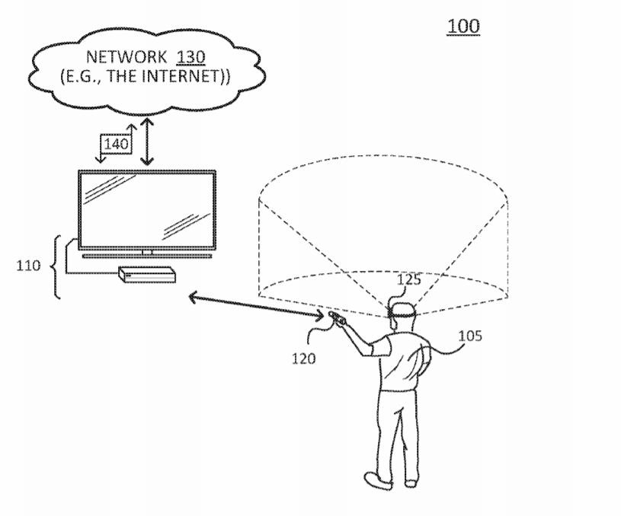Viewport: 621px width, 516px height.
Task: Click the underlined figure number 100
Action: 463,27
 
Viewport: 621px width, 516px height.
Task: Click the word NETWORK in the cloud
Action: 126,57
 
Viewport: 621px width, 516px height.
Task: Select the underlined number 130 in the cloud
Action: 190,57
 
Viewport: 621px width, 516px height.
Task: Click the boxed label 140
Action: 116,144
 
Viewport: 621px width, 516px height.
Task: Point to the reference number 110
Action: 28,266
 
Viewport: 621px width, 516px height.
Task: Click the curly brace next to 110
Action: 56,267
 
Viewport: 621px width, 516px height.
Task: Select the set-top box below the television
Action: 147,275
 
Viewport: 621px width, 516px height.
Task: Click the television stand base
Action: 147,256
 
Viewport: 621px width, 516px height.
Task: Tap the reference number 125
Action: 408,280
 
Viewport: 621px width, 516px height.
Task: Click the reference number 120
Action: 303,359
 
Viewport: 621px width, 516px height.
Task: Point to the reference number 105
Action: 470,336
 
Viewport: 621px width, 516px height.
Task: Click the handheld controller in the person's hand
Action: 336,317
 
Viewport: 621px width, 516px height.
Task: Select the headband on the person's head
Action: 402,315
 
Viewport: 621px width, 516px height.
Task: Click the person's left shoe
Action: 377,480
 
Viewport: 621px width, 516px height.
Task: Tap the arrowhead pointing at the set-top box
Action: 193,297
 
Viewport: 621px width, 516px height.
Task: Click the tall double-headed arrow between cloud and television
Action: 147,142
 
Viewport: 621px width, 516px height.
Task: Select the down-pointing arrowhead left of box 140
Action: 101,159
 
